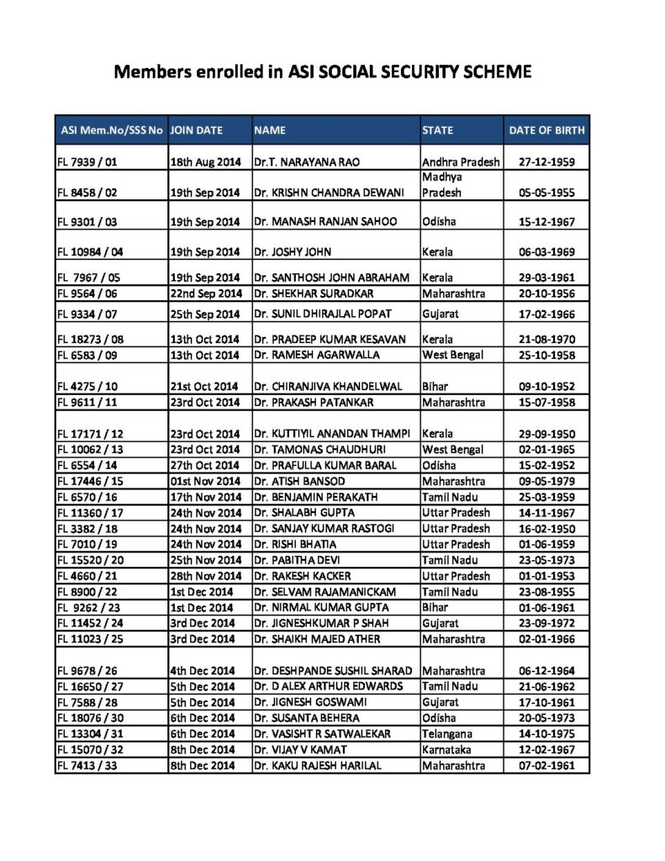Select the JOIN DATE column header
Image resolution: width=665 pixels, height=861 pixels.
pos(197,130)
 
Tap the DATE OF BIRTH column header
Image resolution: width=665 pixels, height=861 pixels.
pos(546,130)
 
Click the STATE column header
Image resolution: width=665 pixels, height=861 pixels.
pos(437,130)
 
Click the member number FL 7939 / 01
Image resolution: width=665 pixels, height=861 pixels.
pos(87,161)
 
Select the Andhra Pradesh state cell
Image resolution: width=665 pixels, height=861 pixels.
pos(461,161)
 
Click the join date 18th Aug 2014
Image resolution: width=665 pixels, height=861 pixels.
pos(205,161)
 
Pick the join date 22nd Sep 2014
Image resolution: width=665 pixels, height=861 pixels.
pos(205,294)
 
